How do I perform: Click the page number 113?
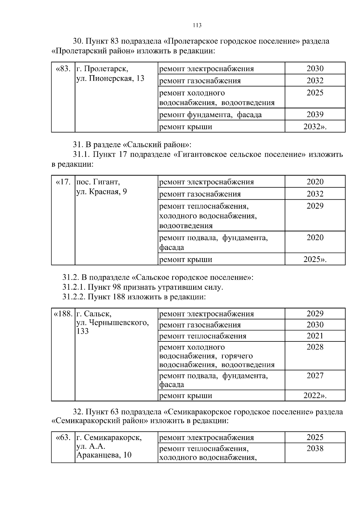click(x=197, y=25)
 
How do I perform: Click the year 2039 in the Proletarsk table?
click(x=315, y=115)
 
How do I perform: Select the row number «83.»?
click(x=63, y=69)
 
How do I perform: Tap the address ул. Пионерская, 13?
click(x=110, y=79)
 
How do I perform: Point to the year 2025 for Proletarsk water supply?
click(x=315, y=93)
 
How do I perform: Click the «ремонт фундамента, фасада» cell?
click(x=210, y=115)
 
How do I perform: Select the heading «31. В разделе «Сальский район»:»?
click(x=132, y=145)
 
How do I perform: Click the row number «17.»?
click(x=63, y=182)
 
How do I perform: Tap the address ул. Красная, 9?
click(x=102, y=192)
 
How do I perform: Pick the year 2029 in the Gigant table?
click(x=315, y=206)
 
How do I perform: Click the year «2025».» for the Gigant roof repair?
click(x=315, y=259)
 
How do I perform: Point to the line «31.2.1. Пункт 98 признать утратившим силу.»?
click(x=143, y=287)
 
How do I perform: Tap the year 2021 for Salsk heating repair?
click(x=315, y=336)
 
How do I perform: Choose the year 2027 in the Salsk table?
click(x=315, y=376)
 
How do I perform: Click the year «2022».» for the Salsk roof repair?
click(x=315, y=396)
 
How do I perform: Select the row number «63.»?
click(x=63, y=437)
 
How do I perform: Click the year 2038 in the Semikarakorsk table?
click(x=315, y=448)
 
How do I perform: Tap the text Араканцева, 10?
click(x=104, y=455)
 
